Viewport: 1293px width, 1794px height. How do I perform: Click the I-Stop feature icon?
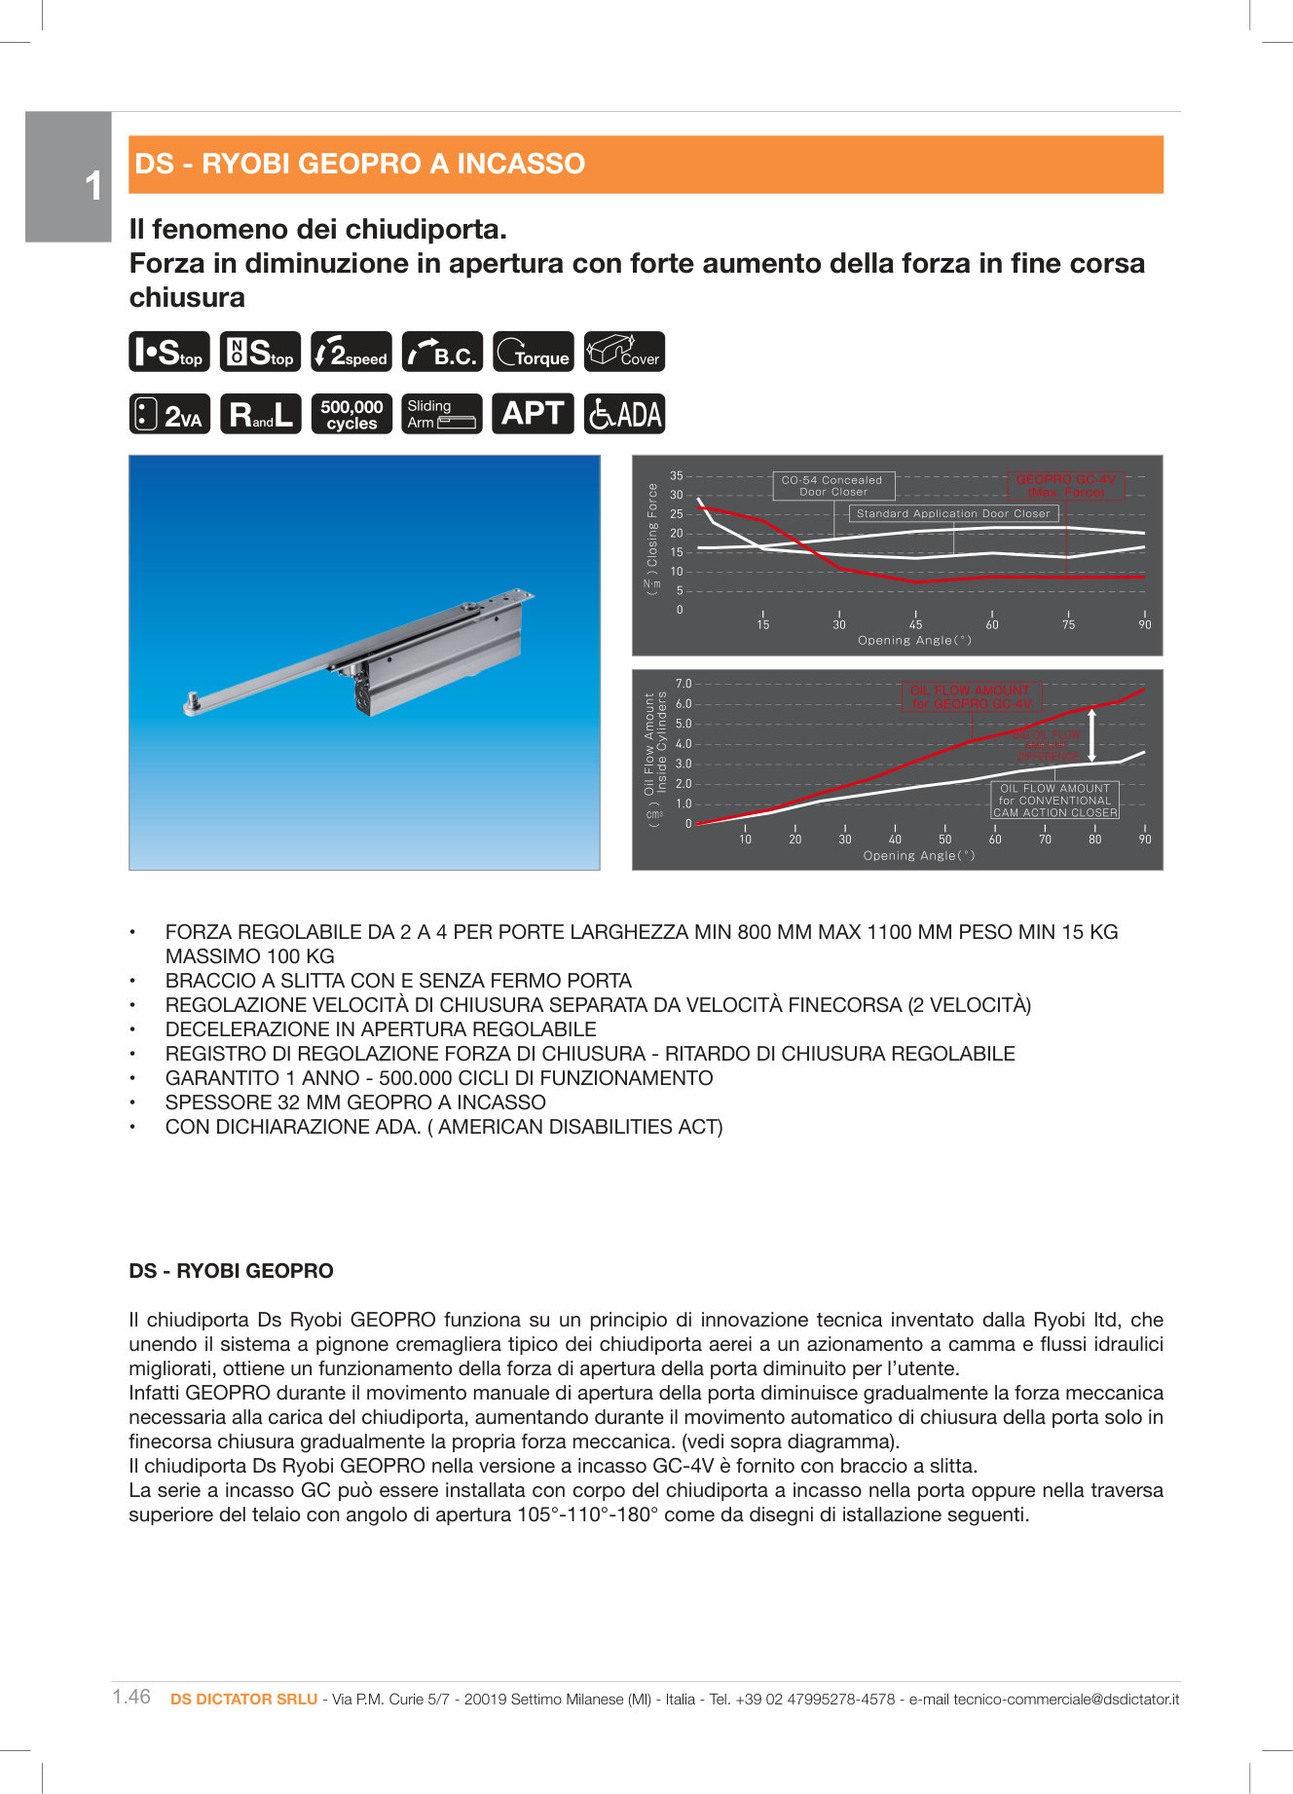[168, 352]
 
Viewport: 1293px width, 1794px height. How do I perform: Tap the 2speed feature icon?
[351, 352]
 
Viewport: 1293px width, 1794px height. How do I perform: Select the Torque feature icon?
[533, 352]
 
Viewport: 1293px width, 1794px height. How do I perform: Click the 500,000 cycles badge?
[351, 414]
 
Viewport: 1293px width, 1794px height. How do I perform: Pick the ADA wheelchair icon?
[624, 414]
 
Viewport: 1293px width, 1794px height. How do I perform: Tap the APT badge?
[533, 414]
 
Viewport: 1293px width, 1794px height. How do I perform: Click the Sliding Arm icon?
[441, 414]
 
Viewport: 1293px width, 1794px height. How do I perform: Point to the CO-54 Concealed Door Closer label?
[832, 486]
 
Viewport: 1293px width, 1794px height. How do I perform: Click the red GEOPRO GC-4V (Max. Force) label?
[1065, 486]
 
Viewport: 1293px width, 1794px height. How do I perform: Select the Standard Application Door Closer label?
[953, 513]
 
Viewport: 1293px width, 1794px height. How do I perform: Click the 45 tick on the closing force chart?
[915, 624]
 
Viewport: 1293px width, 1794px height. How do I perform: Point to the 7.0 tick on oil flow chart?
[683, 684]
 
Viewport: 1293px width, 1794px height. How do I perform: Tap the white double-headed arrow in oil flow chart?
[1092, 735]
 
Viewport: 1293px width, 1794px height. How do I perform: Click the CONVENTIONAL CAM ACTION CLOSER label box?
[1054, 801]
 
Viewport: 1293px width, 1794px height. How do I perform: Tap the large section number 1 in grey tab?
[93, 185]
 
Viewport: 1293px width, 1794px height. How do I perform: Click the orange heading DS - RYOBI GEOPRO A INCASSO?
[360, 164]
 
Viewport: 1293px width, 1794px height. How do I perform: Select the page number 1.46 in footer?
[131, 1697]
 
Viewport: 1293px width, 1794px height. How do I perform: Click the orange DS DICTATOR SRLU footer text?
[243, 1699]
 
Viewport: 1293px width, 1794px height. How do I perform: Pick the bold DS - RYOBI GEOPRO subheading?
[231, 1271]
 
